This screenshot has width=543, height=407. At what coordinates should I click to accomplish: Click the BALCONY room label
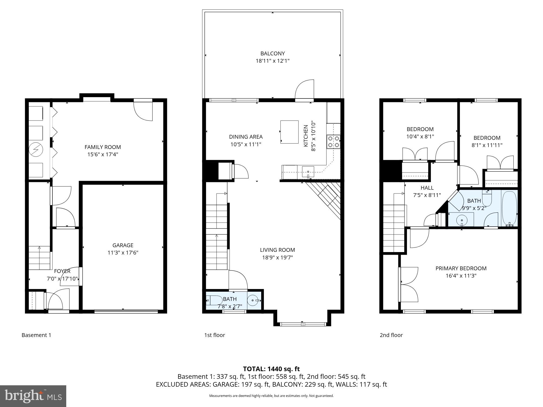pyautogui.click(x=273, y=53)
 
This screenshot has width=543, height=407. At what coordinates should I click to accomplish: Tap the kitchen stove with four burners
pyautogui.click(x=333, y=141)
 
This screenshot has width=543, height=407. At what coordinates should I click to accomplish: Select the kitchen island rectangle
pyautogui.click(x=289, y=132)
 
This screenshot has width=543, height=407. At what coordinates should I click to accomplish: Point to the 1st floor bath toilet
pyautogui.click(x=214, y=300)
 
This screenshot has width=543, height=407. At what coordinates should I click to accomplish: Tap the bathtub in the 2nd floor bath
pyautogui.click(x=509, y=208)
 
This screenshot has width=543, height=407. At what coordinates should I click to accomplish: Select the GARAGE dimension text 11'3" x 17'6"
pyautogui.click(x=123, y=253)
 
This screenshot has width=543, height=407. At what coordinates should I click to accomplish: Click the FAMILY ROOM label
pyautogui.click(x=103, y=147)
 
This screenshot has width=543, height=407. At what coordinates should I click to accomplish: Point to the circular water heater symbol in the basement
pyautogui.click(x=36, y=150)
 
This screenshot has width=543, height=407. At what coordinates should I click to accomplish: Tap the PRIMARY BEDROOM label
pyautogui.click(x=461, y=268)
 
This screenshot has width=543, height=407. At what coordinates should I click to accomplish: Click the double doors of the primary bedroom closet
pyautogui.click(x=409, y=284)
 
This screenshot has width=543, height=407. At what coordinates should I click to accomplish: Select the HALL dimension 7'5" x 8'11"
pyautogui.click(x=427, y=195)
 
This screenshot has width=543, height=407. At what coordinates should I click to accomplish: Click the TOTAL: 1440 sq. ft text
pyautogui.click(x=271, y=369)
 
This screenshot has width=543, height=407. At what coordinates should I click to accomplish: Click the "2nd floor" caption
pyautogui.click(x=391, y=335)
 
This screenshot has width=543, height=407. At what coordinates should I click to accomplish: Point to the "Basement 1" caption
pyautogui.click(x=36, y=335)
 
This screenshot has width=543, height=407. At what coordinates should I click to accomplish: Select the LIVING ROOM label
pyautogui.click(x=277, y=250)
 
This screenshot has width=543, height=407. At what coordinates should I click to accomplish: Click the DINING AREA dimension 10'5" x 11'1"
pyautogui.click(x=246, y=144)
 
